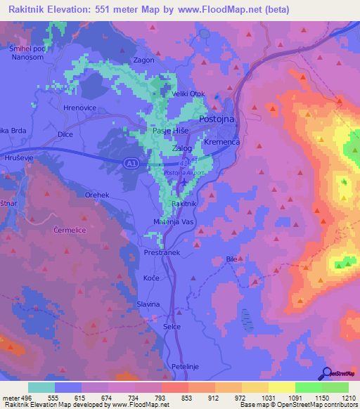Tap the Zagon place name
tap(143, 60)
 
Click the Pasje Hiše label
tap(168, 131)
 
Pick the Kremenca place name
tap(222, 143)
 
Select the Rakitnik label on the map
tap(184, 203)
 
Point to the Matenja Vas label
tap(168, 222)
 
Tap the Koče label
tap(150, 278)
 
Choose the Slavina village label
tap(148, 304)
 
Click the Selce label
tap(172, 326)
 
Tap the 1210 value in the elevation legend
tap(347, 398)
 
